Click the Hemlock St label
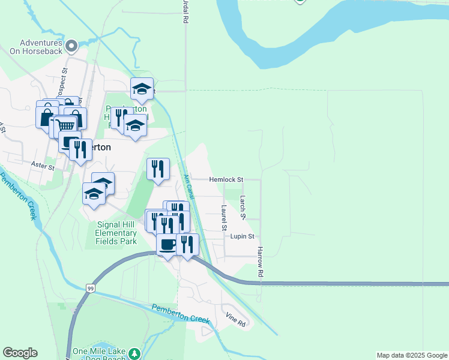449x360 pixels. (226, 179)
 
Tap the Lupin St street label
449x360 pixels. (243, 236)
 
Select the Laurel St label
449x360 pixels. (223, 218)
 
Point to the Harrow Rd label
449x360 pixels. (260, 262)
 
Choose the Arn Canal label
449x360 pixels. (189, 188)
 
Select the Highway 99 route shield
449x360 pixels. (90, 288)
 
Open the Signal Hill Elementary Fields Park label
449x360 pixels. (116, 233)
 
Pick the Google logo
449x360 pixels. (20, 353)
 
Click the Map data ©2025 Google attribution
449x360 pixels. (412, 355)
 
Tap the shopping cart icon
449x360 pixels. (66, 126)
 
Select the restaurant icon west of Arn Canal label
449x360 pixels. (158, 169)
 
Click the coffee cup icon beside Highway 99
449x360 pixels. (167, 244)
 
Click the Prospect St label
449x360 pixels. (63, 76)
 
